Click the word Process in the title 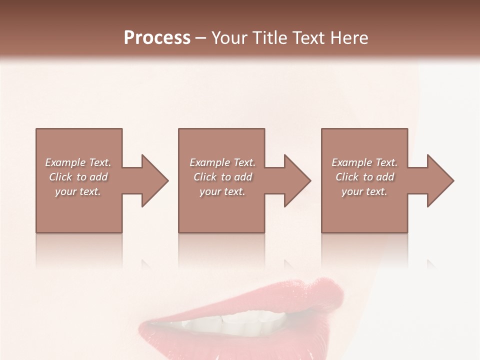click(157, 38)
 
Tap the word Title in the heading click(270, 38)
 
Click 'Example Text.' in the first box click(78, 162)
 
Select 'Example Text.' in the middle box click(222, 162)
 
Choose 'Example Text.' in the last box click(364, 162)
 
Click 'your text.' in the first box click(78, 191)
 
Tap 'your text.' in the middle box click(222, 191)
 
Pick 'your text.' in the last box click(364, 191)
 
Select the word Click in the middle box click(205, 177)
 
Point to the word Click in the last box click(347, 177)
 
